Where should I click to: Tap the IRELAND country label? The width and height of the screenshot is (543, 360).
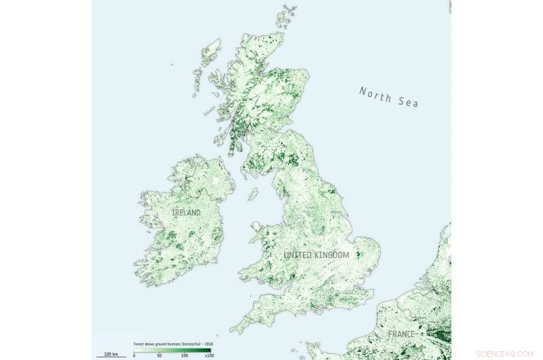coord(186,213)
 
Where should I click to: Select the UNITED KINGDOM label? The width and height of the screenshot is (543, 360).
coord(316,255)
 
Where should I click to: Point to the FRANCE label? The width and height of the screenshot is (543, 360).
coord(402,334)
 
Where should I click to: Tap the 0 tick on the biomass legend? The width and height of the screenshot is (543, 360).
coord(134,355)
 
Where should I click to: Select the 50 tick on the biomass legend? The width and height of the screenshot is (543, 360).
coord(160,355)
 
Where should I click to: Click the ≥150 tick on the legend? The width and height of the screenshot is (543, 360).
coord(208,355)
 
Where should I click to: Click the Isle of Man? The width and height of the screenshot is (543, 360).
coord(253,194)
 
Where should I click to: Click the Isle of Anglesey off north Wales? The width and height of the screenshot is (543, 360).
coord(255,226)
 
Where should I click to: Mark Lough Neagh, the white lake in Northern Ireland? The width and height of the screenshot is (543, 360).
coord(217,181)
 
